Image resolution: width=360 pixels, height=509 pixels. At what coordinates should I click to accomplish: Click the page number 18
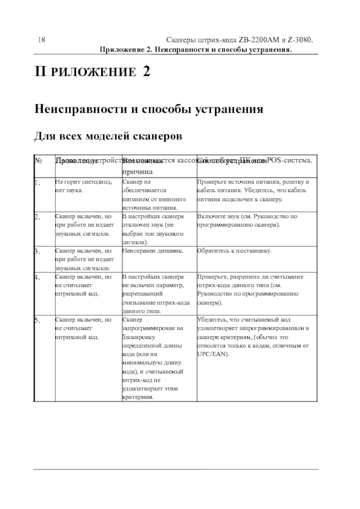(x=41, y=40)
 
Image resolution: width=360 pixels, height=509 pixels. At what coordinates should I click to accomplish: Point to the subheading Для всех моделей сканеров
(x=108, y=135)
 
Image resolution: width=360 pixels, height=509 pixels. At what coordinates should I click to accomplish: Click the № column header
(x=38, y=161)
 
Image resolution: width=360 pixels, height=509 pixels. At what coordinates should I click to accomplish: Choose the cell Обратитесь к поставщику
(x=234, y=251)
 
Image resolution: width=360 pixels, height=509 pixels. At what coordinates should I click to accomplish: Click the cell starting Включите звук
(x=246, y=220)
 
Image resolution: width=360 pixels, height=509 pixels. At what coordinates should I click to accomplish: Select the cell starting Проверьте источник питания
(x=253, y=190)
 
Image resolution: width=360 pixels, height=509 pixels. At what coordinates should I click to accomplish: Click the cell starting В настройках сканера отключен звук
(x=153, y=229)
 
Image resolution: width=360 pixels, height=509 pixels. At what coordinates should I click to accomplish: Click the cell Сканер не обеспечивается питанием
(x=153, y=194)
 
